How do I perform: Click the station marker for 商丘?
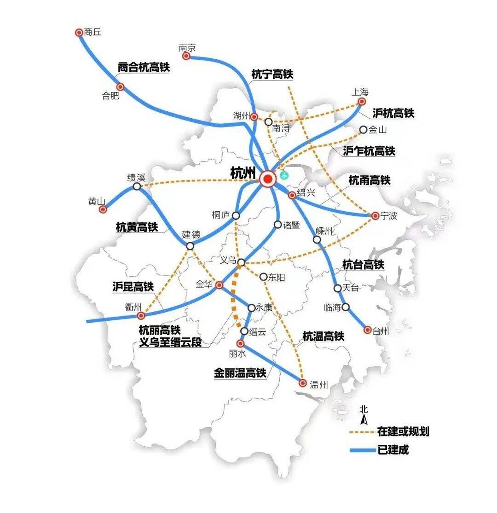click(x=79, y=32)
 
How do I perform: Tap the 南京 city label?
click(x=187, y=48)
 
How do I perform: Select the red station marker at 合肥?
click(x=120, y=87)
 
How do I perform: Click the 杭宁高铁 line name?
click(x=272, y=74)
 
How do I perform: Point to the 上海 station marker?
click(x=362, y=101)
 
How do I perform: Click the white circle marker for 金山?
click(x=363, y=129)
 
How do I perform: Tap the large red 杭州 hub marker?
click(x=267, y=179)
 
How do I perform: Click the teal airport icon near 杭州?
click(x=284, y=175)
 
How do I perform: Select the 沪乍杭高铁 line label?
click(x=369, y=151)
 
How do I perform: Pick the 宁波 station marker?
click(x=375, y=216)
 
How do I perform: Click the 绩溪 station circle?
click(x=137, y=186)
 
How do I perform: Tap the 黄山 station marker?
click(x=103, y=209)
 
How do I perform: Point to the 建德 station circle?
click(x=190, y=246)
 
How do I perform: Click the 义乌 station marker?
click(x=241, y=263)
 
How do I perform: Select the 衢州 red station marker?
click(x=141, y=316)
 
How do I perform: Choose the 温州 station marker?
click(x=303, y=383)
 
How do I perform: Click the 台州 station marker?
click(x=367, y=330)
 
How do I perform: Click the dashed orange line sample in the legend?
click(x=362, y=432)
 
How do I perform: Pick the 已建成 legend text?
click(x=393, y=450)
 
